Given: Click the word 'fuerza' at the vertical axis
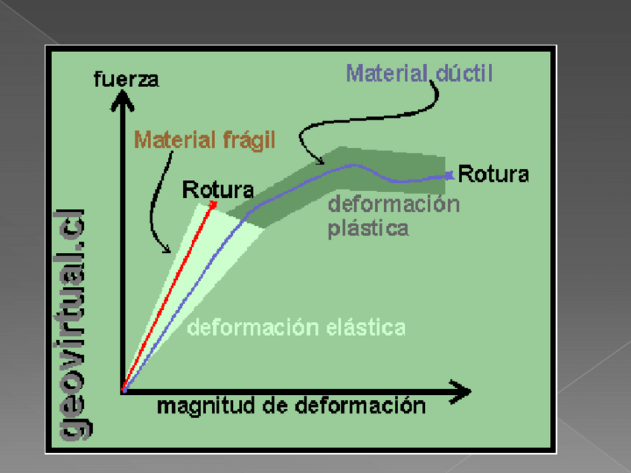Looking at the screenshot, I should [126, 79].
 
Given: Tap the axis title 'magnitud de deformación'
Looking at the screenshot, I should [291, 406].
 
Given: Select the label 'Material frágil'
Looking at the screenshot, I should [205, 139].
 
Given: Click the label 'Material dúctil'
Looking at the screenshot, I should [420, 74].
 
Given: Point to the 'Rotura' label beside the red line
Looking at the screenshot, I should [217, 190].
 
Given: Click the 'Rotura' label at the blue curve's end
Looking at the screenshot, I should [493, 175].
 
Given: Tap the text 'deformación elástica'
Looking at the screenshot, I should [296, 326].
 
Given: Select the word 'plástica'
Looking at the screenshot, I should [368, 228].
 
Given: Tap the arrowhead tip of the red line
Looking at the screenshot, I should [214, 203].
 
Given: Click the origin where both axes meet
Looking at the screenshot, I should [124, 389].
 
